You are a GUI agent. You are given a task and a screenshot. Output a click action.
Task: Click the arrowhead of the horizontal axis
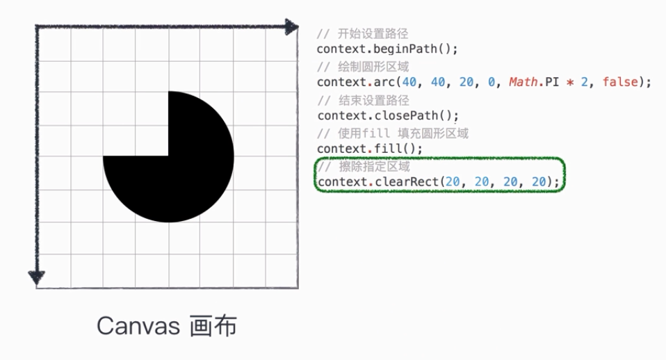point(292,28)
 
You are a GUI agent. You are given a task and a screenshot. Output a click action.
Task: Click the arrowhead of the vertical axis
point(37,277)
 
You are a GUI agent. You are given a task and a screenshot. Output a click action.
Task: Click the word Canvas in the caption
point(137,326)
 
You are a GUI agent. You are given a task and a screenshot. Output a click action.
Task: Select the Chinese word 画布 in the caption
point(213,326)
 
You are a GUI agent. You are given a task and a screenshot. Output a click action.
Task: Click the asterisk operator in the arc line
point(574,83)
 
